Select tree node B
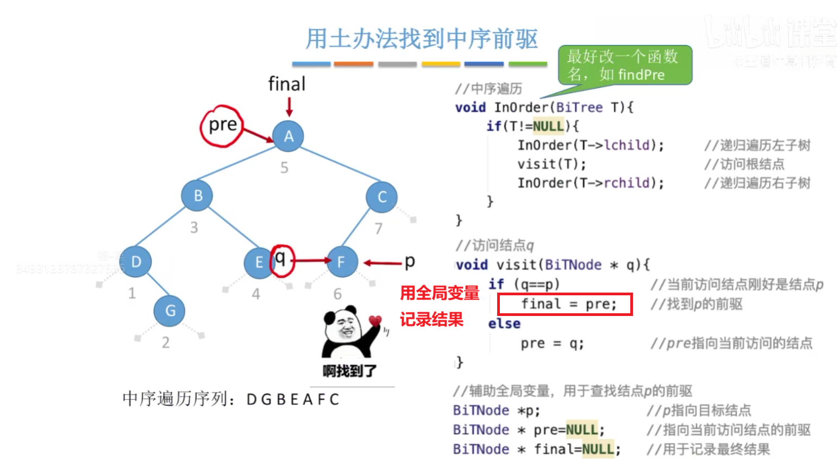point(197,195)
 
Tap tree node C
point(381,197)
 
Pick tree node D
point(136,262)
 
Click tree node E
point(259,262)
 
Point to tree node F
point(341,262)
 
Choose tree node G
point(170,311)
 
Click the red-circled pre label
point(222,126)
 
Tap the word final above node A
point(286,84)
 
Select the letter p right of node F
point(409,262)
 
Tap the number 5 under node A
point(284,168)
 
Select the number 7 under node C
point(378,228)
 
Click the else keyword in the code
point(504,324)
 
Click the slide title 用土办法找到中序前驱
point(421,39)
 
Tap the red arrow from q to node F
point(311,260)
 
